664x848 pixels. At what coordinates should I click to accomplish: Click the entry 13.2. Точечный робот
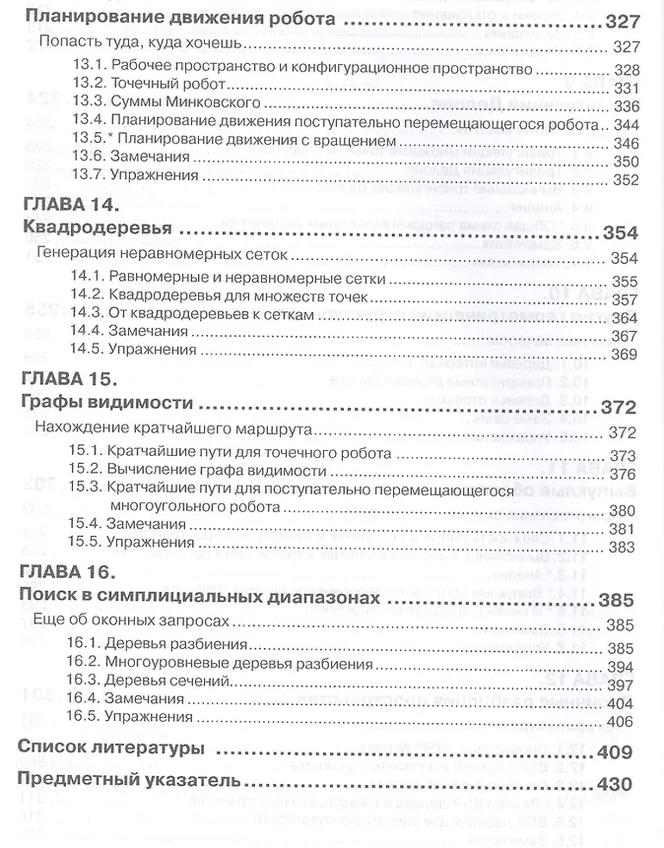pos(151,88)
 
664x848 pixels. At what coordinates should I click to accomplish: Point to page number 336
pos(626,106)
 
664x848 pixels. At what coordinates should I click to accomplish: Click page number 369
pos(626,354)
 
